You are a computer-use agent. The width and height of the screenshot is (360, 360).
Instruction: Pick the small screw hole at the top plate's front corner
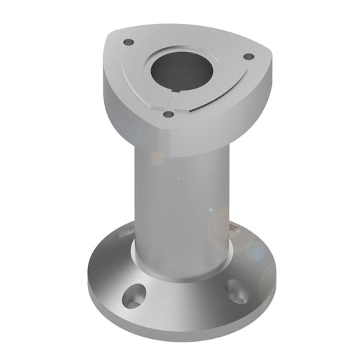point(167,113)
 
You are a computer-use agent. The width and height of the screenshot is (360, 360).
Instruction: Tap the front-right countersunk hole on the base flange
point(235,288)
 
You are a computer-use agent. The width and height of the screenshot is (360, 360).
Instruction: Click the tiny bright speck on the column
point(178,179)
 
